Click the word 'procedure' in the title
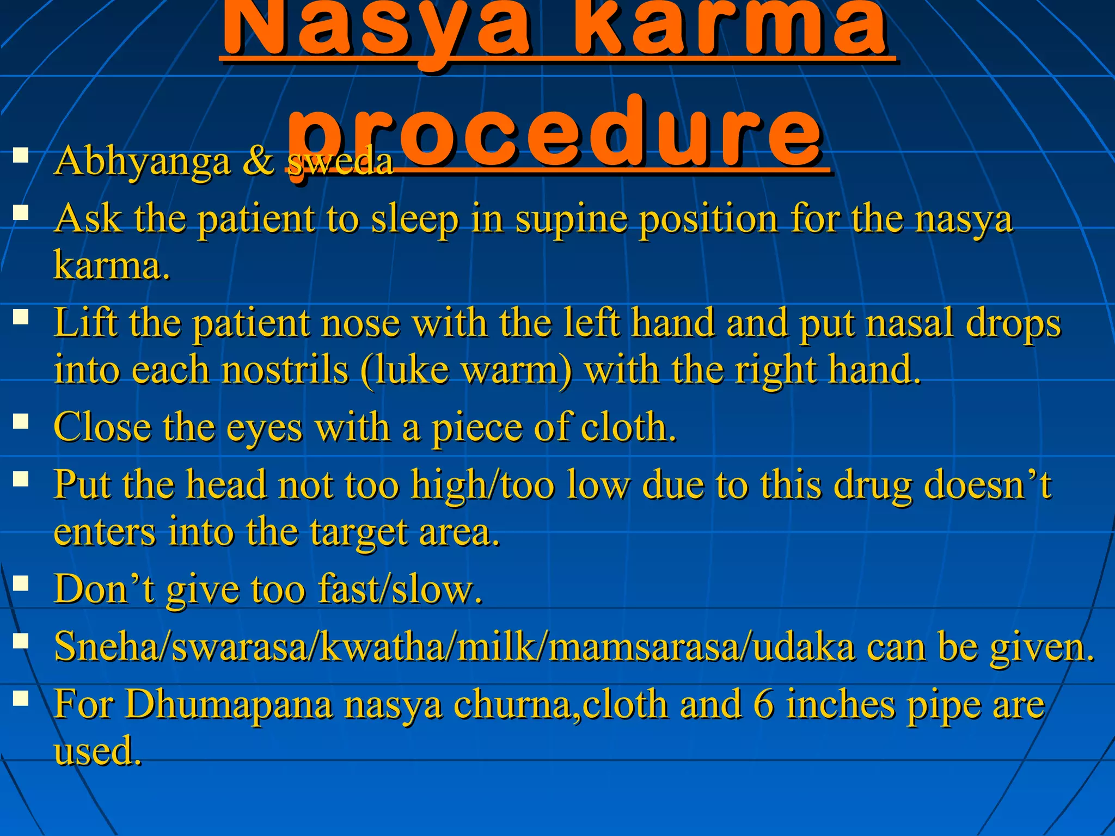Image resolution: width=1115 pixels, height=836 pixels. pos(555,133)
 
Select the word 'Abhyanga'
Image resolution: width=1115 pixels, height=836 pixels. pos(142,162)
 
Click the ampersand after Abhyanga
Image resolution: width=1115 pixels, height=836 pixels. pos(258,161)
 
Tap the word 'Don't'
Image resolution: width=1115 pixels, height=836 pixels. pos(104,589)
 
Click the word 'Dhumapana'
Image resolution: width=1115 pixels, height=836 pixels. pos(229,705)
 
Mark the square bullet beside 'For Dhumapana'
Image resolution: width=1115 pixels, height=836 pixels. pos(21,698)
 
